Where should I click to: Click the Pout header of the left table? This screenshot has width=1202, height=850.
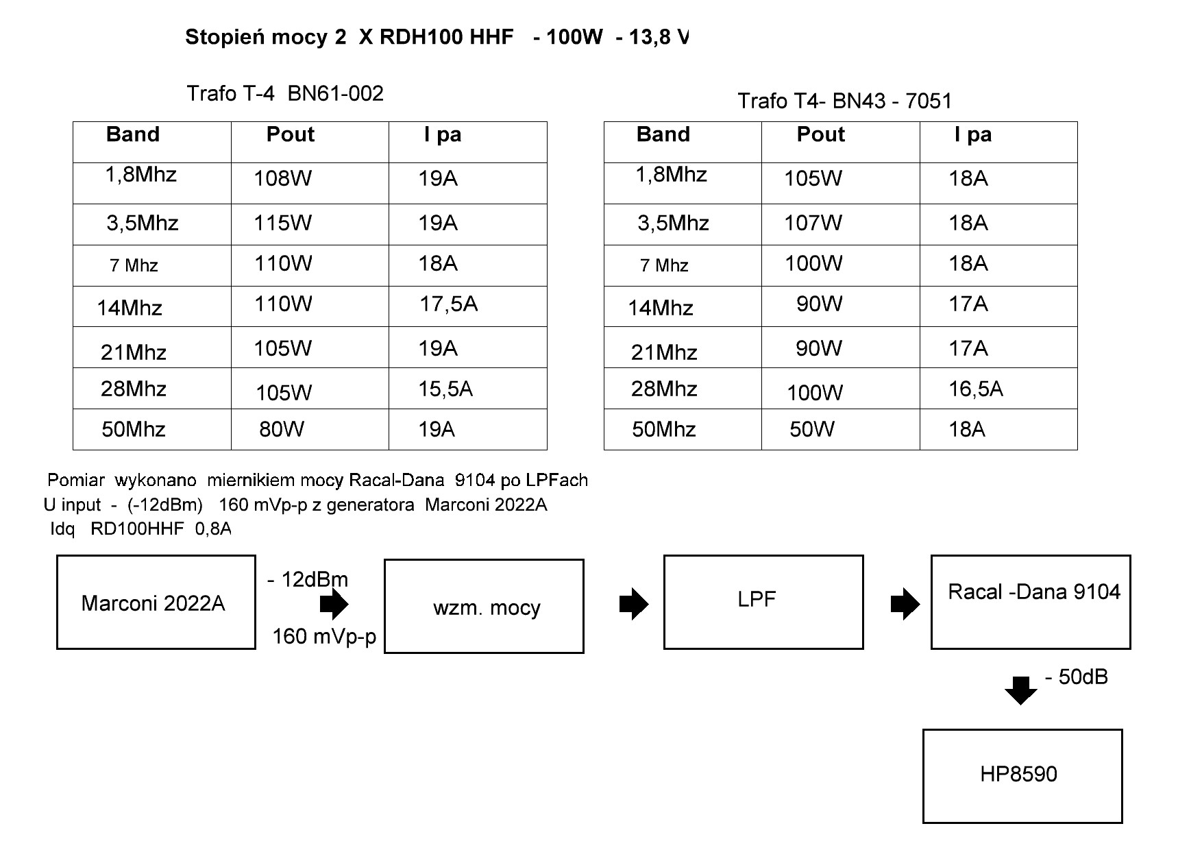click(291, 134)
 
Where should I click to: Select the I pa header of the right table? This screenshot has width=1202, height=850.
click(973, 134)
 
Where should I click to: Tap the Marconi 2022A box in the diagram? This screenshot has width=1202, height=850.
click(156, 603)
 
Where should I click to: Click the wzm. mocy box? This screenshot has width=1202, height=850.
click(485, 607)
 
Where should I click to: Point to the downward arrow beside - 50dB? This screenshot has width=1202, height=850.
click(1021, 690)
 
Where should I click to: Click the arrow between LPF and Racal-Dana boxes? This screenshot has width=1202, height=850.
click(905, 604)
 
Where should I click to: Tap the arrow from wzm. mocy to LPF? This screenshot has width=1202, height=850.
click(633, 604)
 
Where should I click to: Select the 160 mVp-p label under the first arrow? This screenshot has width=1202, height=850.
click(324, 637)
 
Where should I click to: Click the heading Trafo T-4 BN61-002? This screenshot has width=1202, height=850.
click(285, 93)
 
